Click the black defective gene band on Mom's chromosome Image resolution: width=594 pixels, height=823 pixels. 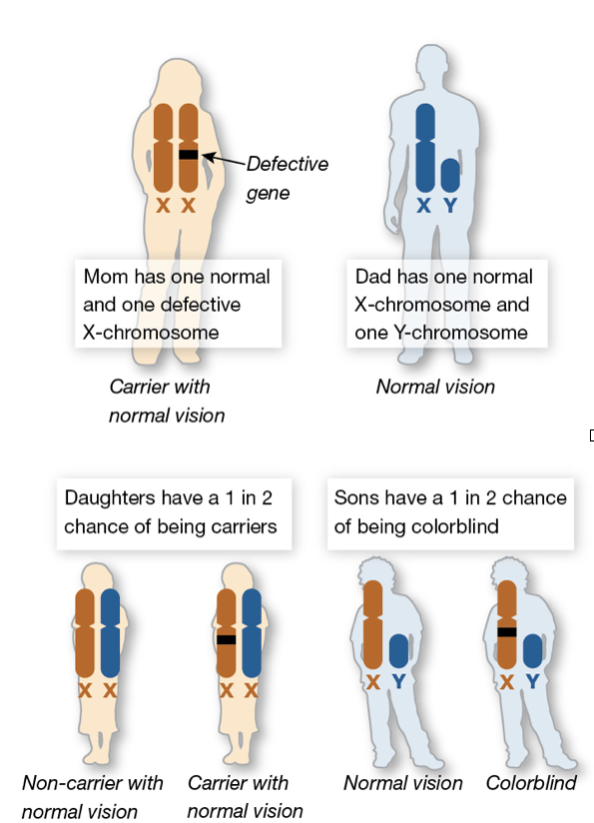click(x=188, y=154)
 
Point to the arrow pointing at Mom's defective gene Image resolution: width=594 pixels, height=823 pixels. click(x=224, y=160)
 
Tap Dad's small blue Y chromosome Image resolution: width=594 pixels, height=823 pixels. click(x=450, y=176)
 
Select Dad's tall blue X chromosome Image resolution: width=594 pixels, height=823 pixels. click(x=425, y=148)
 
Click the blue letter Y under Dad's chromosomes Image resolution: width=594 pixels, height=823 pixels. click(x=450, y=205)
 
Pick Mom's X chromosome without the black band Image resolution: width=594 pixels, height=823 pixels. click(x=163, y=148)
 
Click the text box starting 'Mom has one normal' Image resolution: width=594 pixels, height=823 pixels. click(x=178, y=304)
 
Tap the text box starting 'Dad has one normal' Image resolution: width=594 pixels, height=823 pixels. click(x=447, y=304)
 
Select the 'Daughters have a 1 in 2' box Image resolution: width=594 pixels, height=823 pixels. click(x=174, y=513)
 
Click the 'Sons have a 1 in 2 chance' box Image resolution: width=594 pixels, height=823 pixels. click(x=450, y=513)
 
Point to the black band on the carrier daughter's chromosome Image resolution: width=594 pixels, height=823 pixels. click(x=226, y=640)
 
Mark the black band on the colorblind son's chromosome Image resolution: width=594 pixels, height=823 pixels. click(x=507, y=632)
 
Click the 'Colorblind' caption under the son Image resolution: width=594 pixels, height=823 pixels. click(x=531, y=783)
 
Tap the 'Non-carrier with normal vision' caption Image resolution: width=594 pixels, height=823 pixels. click(x=93, y=797)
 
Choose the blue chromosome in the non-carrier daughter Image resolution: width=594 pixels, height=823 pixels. click(x=110, y=633)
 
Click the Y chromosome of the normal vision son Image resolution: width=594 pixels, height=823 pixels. click(x=399, y=651)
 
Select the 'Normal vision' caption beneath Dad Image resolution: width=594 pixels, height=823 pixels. click(x=435, y=387)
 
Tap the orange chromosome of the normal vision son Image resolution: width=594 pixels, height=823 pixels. click(x=373, y=624)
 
